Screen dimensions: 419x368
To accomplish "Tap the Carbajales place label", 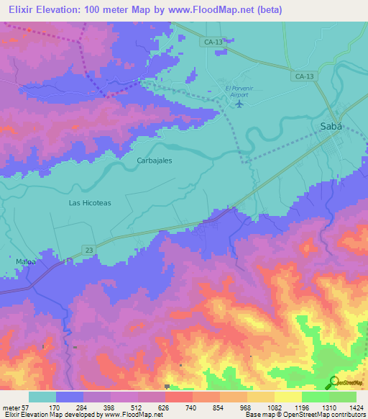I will coord(155,161).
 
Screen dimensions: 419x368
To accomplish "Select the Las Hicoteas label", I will coord(90,203).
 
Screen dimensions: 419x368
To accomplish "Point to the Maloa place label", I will coord(26,261).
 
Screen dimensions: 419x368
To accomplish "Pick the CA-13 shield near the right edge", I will coord(305,76).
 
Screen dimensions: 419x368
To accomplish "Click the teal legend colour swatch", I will coord(42,397).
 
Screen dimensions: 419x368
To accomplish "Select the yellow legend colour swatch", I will coord(288,397).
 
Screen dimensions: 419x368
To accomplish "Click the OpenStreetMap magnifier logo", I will coord(333,382).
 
